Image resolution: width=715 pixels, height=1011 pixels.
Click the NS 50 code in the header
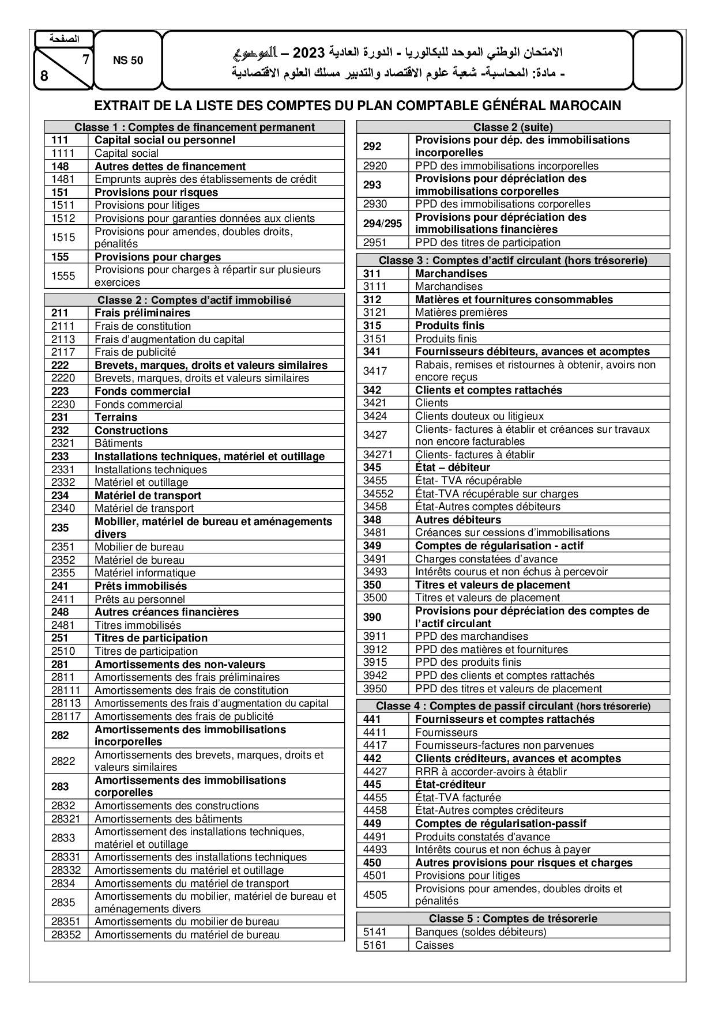127,60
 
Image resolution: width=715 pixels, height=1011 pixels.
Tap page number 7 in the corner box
85,59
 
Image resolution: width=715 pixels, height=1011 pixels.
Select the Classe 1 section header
194,127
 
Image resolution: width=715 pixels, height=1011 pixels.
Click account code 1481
63,179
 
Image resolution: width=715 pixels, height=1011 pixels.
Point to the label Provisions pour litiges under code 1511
147,205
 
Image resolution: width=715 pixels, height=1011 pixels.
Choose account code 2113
63,339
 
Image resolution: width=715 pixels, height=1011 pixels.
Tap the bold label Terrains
116,417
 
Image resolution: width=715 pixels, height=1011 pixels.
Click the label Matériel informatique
145,573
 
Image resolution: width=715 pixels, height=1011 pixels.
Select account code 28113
66,703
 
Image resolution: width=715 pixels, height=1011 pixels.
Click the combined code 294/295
382,223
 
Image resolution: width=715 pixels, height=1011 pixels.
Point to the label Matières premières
461,312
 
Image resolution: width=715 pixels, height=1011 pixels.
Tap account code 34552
378,494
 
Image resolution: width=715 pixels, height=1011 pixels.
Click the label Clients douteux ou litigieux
479,416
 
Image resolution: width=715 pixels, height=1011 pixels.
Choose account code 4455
375,798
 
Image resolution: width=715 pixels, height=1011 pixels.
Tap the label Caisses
434,945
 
